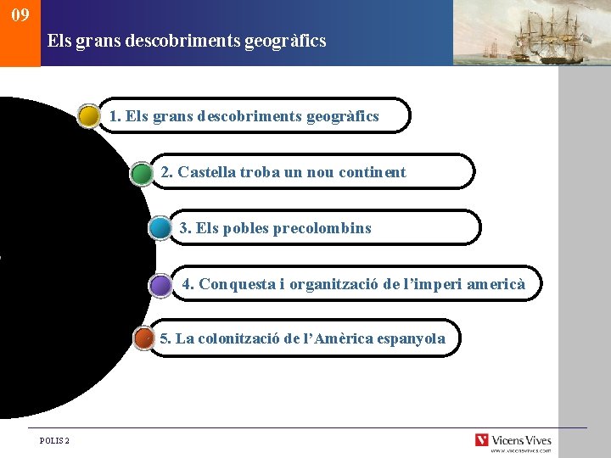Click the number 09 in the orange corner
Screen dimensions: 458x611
pyautogui.click(x=20, y=14)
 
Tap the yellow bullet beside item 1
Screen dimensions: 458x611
pyautogui.click(x=89, y=116)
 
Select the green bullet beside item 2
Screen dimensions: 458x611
pyautogui.click(x=142, y=173)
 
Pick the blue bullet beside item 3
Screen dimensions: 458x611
pyautogui.click(x=160, y=228)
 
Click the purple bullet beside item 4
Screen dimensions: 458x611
pyautogui.click(x=160, y=285)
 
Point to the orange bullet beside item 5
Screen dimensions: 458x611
pyautogui.click(x=144, y=338)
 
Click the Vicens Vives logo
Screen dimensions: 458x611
pyautogui.click(x=513, y=440)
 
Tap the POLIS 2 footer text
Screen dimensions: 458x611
pyautogui.click(x=55, y=440)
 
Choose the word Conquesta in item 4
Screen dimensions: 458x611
pyautogui.click(x=238, y=284)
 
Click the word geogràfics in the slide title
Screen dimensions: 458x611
pyautogui.click(x=285, y=40)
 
